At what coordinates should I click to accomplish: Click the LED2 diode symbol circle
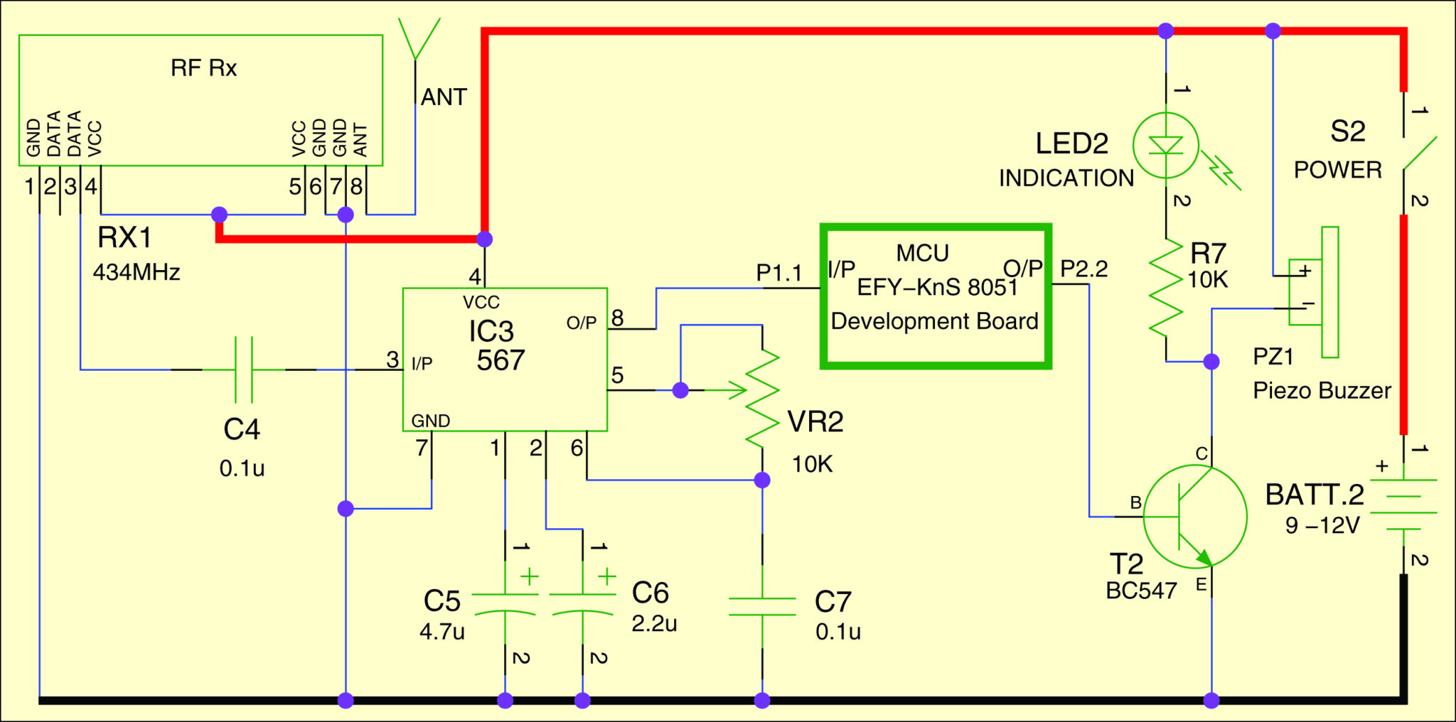1166,146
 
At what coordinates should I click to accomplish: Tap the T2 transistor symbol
1195,517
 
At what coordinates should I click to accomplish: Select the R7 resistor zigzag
1166,288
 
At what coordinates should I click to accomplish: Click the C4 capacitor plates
243,370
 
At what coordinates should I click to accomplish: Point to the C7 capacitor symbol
762,607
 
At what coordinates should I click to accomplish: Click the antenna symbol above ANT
419,39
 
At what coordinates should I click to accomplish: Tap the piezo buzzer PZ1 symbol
1314,292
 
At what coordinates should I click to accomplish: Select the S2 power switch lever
1419,154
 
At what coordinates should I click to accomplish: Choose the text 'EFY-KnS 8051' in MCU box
937,288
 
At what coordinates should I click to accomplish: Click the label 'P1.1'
778,273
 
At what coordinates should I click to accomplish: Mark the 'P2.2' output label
1084,269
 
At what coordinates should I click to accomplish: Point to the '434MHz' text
136,272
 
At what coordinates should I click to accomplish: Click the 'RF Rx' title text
203,68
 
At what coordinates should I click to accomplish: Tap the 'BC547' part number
1141,591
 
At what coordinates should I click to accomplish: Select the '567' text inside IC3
500,361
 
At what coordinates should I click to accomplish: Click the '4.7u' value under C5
441,632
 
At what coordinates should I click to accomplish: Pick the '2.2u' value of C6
654,624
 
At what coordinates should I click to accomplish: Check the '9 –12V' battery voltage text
1322,526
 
